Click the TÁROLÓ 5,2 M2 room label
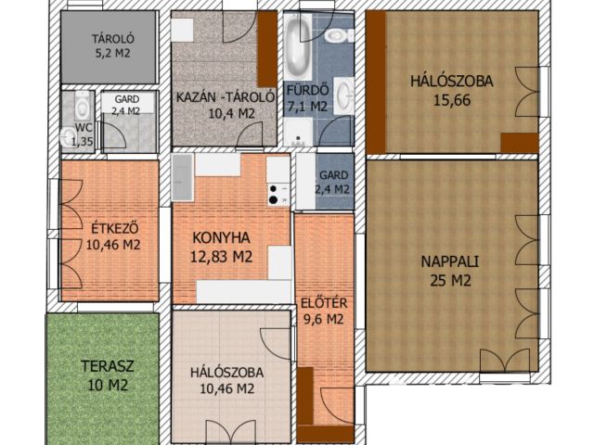tap(112, 45)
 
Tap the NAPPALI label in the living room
tap(450, 261)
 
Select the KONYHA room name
tap(221, 238)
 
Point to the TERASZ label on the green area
tap(108, 366)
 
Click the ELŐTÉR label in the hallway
tap(324, 303)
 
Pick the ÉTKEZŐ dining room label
tap(114, 229)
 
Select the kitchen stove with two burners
tap(278, 194)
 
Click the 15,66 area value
tap(452, 100)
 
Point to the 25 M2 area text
tap(450, 280)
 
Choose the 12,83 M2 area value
tap(221, 257)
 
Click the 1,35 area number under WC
tap(83, 142)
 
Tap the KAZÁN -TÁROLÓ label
tap(226, 97)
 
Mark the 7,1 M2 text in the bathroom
tap(307, 106)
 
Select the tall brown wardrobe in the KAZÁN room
tap(267, 49)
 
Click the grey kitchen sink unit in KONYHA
tap(183, 177)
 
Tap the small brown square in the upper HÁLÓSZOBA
tap(520, 143)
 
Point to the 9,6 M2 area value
tap(324, 320)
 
